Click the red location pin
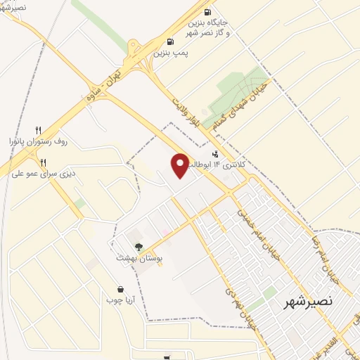(180, 165)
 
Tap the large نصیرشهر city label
(307, 302)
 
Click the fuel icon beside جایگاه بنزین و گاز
(207, 12)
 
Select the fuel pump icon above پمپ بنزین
(170, 41)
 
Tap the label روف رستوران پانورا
(41, 141)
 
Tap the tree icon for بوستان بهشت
(139, 247)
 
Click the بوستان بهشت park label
(139, 259)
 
